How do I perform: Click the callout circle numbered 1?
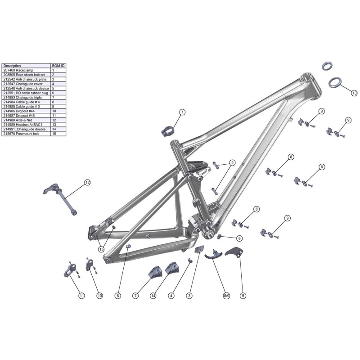[x=182, y=112]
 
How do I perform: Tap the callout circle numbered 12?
[x=87, y=182]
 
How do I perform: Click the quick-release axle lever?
[x=50, y=189]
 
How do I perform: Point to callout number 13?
[x=354, y=93]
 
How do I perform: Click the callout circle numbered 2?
[x=232, y=163]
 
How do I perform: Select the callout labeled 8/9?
[x=226, y=296]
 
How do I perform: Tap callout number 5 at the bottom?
[x=243, y=296]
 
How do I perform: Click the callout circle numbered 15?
[x=101, y=249]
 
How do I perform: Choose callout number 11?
[x=81, y=296]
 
